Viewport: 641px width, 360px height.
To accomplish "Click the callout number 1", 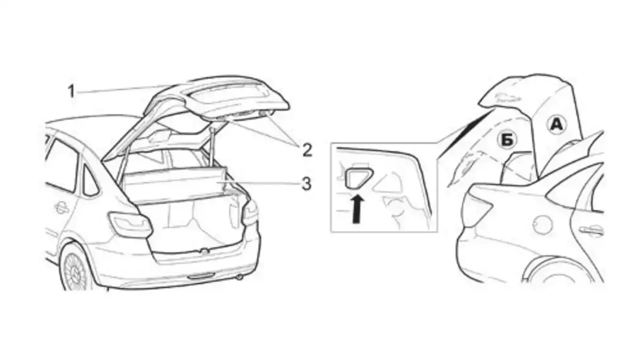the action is (x=71, y=92).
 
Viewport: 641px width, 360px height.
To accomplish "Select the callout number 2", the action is (x=307, y=150).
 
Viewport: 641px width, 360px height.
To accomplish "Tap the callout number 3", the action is (x=306, y=184).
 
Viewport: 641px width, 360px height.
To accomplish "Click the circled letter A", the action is (x=556, y=125).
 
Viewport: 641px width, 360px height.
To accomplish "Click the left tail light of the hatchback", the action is (x=130, y=225).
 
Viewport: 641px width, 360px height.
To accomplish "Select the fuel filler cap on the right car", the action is (x=542, y=224).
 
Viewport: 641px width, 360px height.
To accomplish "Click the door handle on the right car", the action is (x=591, y=229).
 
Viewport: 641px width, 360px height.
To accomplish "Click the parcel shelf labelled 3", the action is (x=175, y=183).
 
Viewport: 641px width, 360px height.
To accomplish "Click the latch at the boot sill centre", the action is (x=204, y=251).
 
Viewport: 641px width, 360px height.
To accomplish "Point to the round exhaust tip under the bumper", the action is (x=240, y=277).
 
